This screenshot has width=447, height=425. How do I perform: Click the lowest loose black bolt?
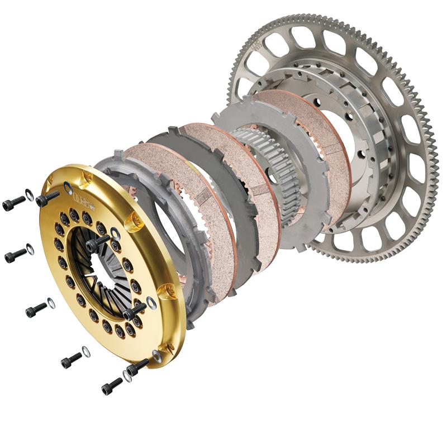click(112, 385)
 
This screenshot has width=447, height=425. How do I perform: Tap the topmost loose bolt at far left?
click(13, 204)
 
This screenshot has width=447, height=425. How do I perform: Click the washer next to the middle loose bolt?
click(51, 303)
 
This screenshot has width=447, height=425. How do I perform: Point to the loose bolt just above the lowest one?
click(72, 360)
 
